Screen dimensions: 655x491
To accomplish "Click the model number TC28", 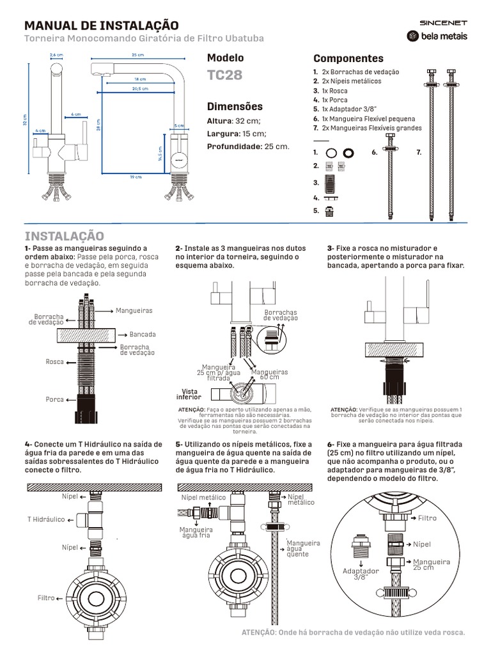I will click(x=225, y=75).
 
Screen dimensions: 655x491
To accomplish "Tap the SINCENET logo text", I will click(x=443, y=22).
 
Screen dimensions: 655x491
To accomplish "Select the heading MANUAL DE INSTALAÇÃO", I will click(x=101, y=26).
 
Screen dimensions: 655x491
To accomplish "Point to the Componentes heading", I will click(x=348, y=58).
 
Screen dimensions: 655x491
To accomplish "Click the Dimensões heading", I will click(x=235, y=106).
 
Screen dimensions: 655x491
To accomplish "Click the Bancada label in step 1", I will click(x=143, y=335).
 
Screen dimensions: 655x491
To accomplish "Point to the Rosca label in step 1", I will click(x=55, y=362).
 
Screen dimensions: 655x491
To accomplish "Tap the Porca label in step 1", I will click(x=55, y=399).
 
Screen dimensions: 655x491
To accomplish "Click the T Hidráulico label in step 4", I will click(x=45, y=519).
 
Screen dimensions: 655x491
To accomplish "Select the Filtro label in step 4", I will click(x=46, y=598).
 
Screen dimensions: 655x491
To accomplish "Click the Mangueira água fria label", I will click(x=195, y=533).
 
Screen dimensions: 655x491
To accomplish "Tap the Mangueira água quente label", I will click(x=302, y=548).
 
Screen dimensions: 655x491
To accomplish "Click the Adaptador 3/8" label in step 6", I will click(x=361, y=573).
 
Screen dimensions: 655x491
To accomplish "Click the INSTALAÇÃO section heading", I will click(x=64, y=237).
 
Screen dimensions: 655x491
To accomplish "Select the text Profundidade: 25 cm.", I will click(x=248, y=146).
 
